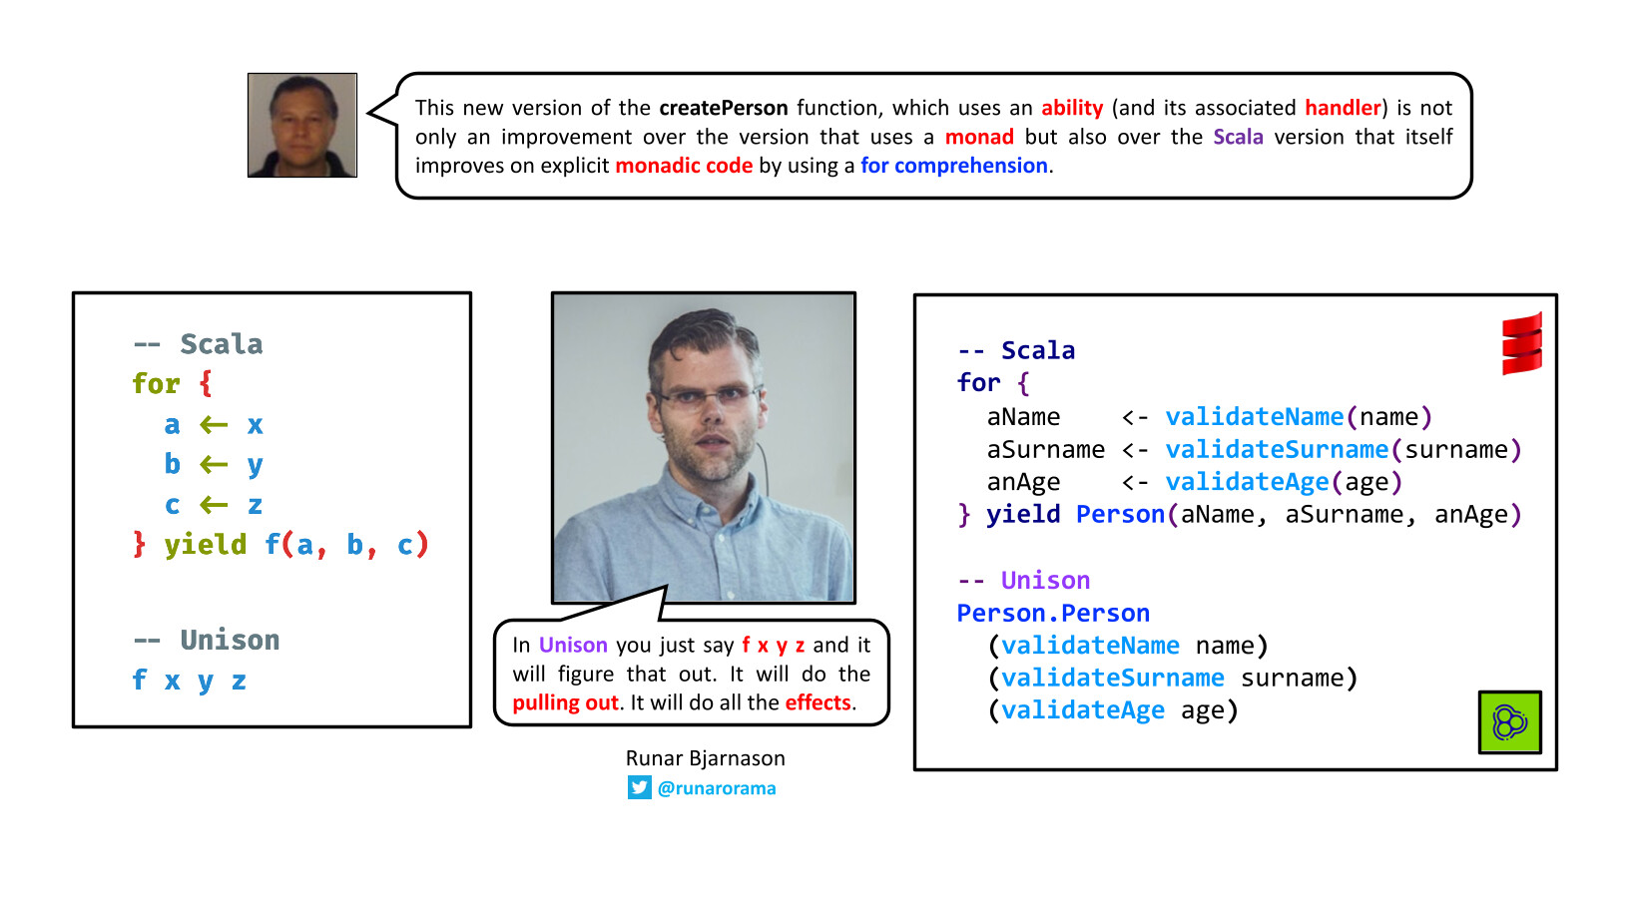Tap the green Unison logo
point(1510,722)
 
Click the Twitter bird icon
point(639,787)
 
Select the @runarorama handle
point(717,787)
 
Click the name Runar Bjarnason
point(706,757)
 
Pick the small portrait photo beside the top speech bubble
point(301,125)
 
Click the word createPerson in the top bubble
point(724,108)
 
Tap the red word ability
point(1072,108)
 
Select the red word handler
point(1344,108)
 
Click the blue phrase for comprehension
point(953,166)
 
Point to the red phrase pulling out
point(566,702)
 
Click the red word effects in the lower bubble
point(818,702)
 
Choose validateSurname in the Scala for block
point(1276,449)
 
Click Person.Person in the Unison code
point(1053,613)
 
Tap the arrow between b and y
point(214,464)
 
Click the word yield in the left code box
point(206,545)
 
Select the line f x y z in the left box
point(190,681)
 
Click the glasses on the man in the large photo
point(709,397)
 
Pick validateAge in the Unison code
point(1082,709)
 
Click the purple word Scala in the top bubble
point(1238,137)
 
